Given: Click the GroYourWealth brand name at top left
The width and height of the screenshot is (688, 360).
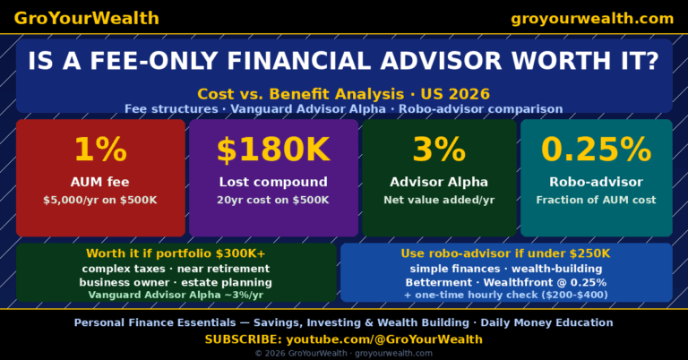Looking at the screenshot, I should (x=86, y=18).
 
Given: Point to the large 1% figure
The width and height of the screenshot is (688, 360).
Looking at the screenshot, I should (x=99, y=150).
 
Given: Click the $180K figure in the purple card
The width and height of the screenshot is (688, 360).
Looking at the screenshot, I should (x=273, y=150).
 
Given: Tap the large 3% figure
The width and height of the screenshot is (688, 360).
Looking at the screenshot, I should (x=439, y=150).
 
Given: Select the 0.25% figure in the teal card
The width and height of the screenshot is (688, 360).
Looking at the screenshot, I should (x=596, y=150).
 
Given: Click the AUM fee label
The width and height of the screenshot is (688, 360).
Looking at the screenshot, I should (x=99, y=182).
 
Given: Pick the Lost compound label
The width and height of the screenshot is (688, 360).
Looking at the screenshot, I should (x=273, y=182).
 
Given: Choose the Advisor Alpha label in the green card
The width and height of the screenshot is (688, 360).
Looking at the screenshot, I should (x=439, y=182).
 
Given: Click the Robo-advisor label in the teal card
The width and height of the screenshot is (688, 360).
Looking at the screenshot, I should (x=596, y=182).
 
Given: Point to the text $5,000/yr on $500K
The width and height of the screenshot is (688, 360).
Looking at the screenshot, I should (x=99, y=200).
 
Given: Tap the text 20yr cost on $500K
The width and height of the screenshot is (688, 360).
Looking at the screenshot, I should (x=273, y=200).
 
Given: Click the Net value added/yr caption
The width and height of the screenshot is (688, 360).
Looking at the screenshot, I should (x=439, y=200).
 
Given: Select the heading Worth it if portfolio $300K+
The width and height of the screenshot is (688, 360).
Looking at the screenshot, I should (x=176, y=253).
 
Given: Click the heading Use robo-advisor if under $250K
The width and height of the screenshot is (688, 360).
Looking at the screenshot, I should (x=505, y=253).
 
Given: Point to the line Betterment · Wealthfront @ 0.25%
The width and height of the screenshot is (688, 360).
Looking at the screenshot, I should (x=505, y=282).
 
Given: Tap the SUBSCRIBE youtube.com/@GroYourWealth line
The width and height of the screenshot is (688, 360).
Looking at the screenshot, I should (x=343, y=339).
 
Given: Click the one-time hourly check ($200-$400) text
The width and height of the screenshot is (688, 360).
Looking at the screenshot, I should (x=505, y=295).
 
